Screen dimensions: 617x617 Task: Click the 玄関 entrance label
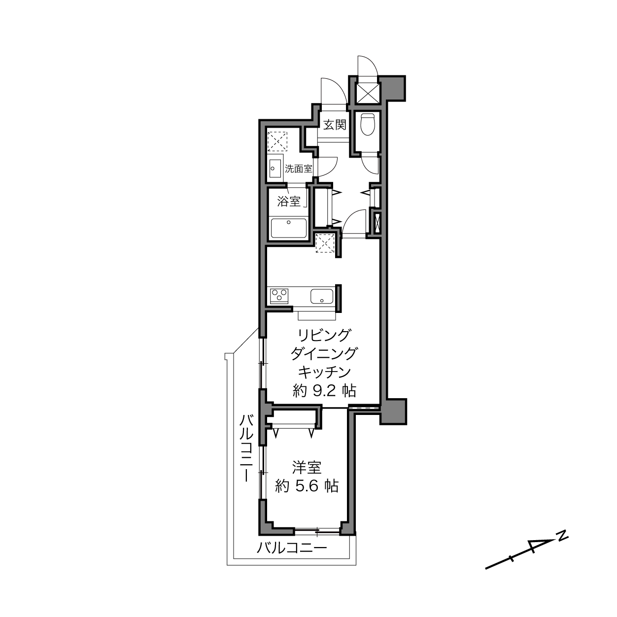click(x=335, y=125)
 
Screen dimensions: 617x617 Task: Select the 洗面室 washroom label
click(x=299, y=169)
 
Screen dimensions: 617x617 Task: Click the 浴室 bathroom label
click(x=289, y=202)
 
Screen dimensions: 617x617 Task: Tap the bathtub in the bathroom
click(x=289, y=228)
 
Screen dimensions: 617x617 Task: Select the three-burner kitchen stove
click(x=279, y=296)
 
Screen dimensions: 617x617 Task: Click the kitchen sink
click(x=322, y=296)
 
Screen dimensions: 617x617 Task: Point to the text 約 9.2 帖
click(x=324, y=391)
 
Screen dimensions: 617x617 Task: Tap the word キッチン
click(x=324, y=372)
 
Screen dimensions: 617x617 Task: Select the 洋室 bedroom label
click(x=307, y=468)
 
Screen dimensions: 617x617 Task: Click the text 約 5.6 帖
click(x=307, y=486)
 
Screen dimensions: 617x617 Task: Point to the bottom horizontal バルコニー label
click(x=292, y=548)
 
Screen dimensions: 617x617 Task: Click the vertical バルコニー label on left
click(x=246, y=447)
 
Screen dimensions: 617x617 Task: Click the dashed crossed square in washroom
click(x=277, y=141)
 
